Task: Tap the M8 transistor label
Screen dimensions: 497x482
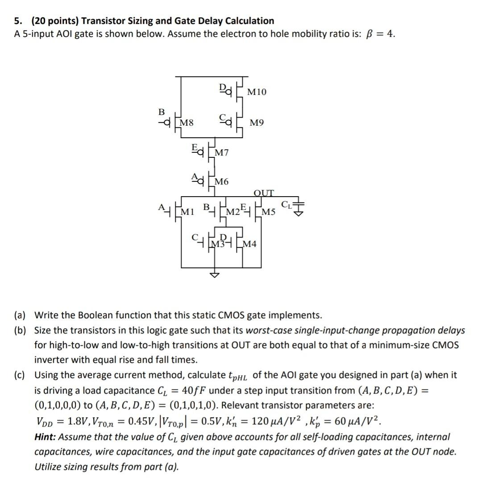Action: tap(187, 122)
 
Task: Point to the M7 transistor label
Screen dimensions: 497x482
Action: tap(222, 153)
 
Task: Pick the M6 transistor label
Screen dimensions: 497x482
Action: tap(222, 181)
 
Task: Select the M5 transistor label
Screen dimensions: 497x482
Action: tap(269, 211)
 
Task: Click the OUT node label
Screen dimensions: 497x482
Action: tap(263, 193)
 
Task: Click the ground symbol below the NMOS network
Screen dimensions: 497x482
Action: tap(215, 275)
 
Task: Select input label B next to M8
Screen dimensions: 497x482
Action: tap(162, 111)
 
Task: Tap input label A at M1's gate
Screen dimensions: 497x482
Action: tap(161, 207)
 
